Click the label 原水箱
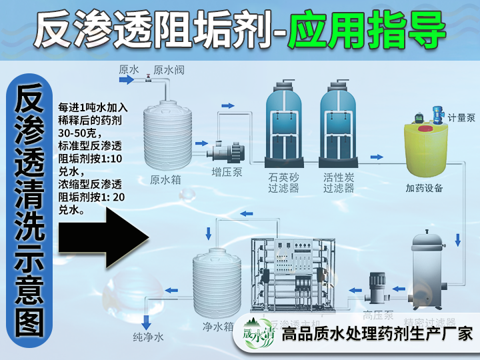click(x=165, y=179)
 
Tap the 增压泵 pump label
click(x=226, y=172)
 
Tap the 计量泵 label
click(x=461, y=118)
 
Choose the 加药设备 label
click(x=424, y=187)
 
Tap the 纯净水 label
click(x=148, y=337)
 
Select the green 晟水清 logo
click(x=258, y=332)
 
